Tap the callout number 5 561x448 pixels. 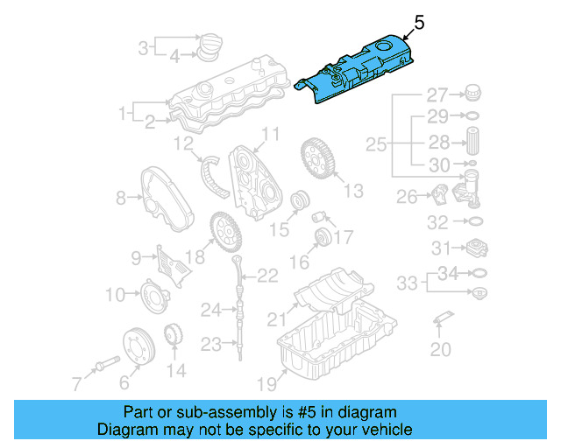pos(419,24)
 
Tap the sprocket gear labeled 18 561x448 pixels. pos(226,232)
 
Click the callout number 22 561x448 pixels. pos(267,276)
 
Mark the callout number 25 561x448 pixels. pos(376,143)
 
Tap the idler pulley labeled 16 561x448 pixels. pos(322,239)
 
